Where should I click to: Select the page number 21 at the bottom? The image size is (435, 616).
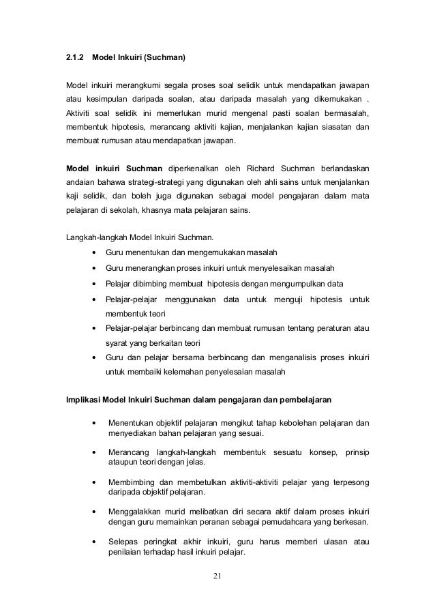217,580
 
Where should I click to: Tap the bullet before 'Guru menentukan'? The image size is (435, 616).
93,252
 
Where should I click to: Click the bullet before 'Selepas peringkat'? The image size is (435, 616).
93,542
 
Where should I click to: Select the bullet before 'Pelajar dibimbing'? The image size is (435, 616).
93,283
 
